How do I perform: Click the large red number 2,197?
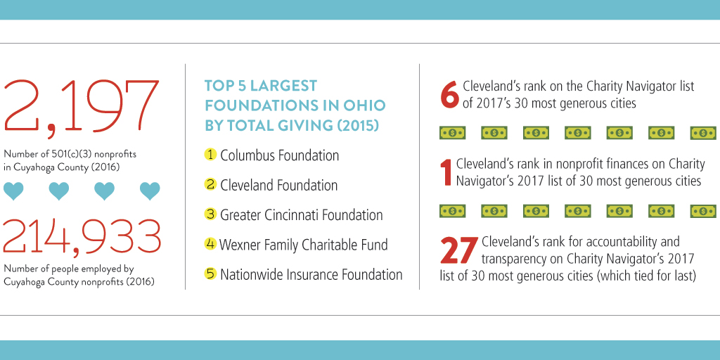[x=82, y=107]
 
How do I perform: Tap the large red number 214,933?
[x=82, y=236]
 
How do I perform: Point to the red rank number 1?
[x=445, y=172]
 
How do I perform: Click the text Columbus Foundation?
[x=279, y=155]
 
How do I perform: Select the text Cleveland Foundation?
[x=278, y=185]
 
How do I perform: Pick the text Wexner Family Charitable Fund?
[x=303, y=245]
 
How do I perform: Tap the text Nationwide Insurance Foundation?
[x=311, y=274]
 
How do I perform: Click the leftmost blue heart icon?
[x=13, y=191]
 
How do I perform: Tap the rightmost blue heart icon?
[x=150, y=191]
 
